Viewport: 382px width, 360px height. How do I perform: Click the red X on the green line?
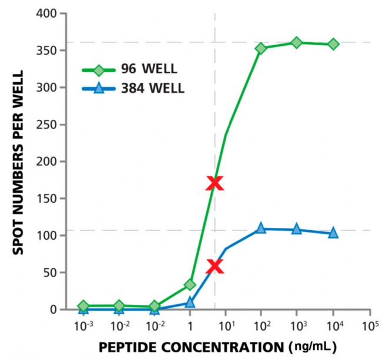point(215,183)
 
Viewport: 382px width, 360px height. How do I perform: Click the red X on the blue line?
point(215,267)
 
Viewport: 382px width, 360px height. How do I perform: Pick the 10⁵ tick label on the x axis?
point(370,325)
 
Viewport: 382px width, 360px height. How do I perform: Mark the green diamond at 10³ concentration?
point(297,42)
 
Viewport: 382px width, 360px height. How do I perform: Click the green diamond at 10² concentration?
point(261,48)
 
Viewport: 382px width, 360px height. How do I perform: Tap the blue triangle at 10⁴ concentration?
point(333,233)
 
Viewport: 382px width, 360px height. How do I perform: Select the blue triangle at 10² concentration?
point(261,228)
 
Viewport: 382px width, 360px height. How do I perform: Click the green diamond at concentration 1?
point(190,285)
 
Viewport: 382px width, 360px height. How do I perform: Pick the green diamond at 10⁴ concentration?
point(333,44)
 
